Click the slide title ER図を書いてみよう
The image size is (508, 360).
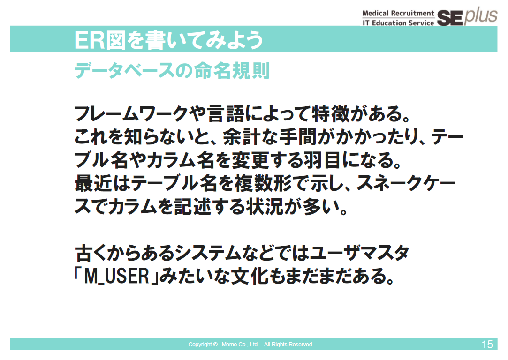coord(168,40)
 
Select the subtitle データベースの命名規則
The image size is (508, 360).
coord(172,70)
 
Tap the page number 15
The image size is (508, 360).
coord(487,344)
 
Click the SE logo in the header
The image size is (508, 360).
coord(450,18)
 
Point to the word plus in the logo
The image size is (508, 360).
coord(480,15)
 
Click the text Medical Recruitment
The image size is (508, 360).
coord(398,13)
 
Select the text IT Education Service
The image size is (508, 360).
coord(398,22)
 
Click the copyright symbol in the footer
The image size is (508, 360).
coord(215,345)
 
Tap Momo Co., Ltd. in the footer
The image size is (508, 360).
coord(240,345)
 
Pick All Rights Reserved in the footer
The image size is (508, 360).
coord(288,345)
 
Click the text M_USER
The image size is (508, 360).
coord(116,276)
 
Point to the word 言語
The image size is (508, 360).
coord(226,113)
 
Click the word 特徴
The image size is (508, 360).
coord(331,113)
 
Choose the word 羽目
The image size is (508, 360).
coord(322,160)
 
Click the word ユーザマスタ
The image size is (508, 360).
coord(360,253)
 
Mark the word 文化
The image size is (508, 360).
coord(250,276)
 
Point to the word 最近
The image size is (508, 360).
coord(94,183)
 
